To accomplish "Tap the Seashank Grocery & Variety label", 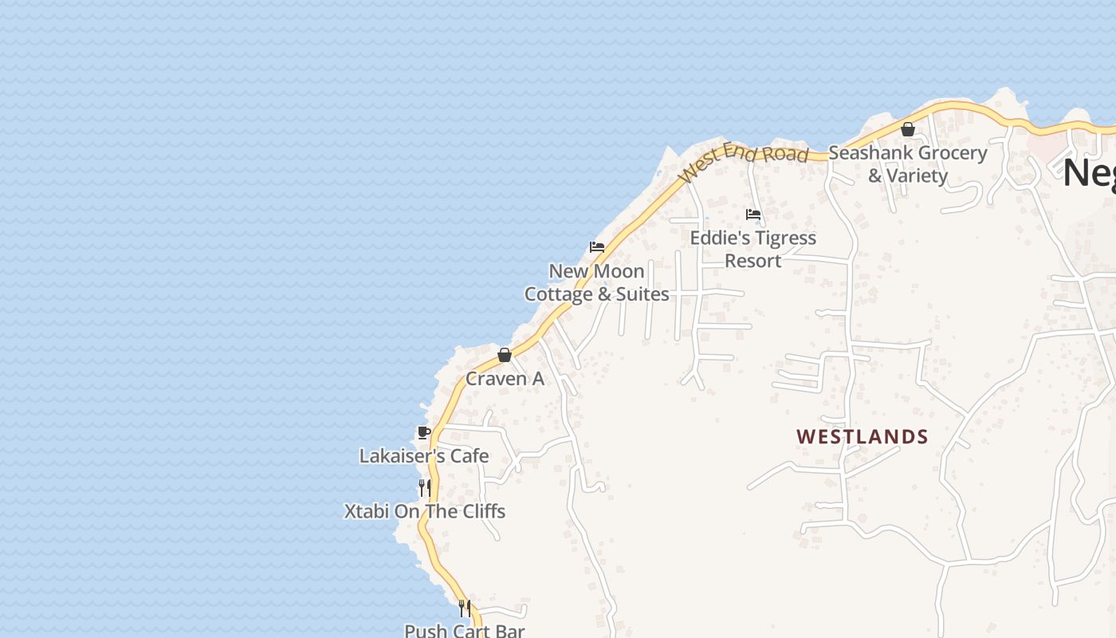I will [x=908, y=163].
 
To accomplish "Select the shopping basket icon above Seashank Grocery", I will [x=907, y=129].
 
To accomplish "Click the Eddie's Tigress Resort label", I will [x=753, y=249].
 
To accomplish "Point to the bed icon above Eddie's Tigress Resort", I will [x=753, y=214].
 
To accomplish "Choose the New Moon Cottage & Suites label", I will [x=596, y=282].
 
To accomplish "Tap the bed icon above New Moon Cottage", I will [x=596, y=247].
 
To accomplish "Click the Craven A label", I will [x=505, y=379].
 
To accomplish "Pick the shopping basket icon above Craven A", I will [x=504, y=355].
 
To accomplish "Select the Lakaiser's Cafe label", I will [x=424, y=456].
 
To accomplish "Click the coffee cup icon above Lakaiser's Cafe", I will [x=424, y=432].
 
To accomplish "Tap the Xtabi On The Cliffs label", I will [x=425, y=511].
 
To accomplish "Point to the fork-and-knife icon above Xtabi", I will [x=425, y=487].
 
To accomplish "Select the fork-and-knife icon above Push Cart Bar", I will [x=464, y=608].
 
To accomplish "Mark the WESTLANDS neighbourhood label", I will [x=863, y=437].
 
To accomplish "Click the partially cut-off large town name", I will [x=1089, y=172].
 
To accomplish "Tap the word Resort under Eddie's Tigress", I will [x=753, y=261].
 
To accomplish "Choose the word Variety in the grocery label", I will [x=918, y=175].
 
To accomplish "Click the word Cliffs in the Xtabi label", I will [x=480, y=511].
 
